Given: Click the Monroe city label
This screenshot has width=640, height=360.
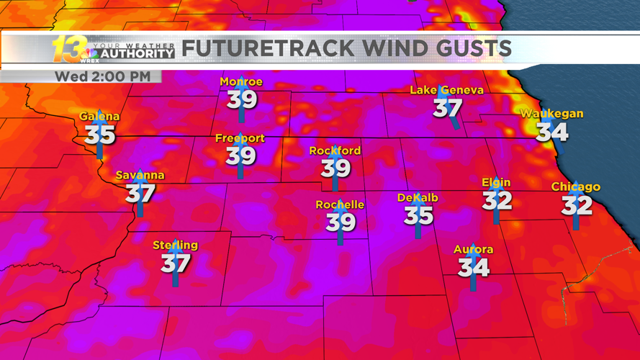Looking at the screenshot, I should [241, 82].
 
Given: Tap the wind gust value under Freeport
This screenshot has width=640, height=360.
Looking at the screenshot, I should [241, 154].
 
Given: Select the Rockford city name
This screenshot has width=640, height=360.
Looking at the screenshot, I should [335, 150].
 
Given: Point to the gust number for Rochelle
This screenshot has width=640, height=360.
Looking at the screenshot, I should [340, 222].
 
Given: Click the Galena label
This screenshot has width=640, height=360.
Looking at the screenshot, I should [99, 117].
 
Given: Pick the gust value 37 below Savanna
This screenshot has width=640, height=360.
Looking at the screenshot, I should [140, 192].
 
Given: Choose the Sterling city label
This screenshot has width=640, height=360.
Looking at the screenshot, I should [175, 246].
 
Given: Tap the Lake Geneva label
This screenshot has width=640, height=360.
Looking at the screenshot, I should [446, 90].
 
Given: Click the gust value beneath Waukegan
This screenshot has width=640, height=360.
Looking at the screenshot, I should [552, 132].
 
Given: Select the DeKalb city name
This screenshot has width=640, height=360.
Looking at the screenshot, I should [418, 198].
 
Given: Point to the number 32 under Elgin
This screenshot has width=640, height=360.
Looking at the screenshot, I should [497, 200].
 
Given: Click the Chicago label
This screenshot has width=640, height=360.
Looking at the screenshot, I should [575, 187].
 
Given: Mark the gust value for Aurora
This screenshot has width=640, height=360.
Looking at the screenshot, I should [473, 267].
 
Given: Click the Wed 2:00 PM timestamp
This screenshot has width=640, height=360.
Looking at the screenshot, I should [103, 76].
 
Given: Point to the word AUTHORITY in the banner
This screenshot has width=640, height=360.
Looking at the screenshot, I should [137, 53].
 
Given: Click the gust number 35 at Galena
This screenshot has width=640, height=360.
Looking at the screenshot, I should [99, 134].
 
